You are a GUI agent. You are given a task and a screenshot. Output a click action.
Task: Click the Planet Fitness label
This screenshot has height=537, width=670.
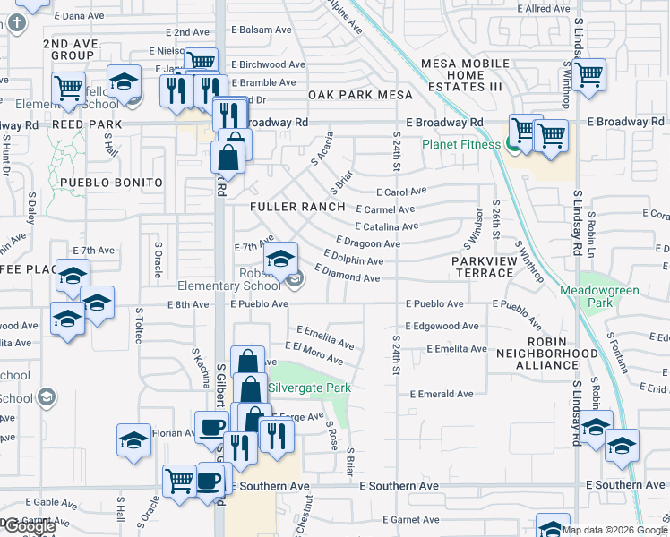pyautogui.click(x=461, y=143)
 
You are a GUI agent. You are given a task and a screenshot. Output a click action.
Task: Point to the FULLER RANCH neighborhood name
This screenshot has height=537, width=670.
pyautogui.click(x=297, y=207)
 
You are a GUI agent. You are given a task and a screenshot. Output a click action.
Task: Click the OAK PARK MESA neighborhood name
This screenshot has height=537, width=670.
pyautogui.click(x=360, y=95)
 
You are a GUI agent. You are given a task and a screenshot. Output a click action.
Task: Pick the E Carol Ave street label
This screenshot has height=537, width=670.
pyautogui.click(x=401, y=192)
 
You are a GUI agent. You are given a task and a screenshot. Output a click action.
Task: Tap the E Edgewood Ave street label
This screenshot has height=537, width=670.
pyautogui.click(x=442, y=327)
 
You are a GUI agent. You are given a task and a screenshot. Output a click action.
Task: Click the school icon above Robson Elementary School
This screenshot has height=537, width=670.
pyautogui.click(x=281, y=259)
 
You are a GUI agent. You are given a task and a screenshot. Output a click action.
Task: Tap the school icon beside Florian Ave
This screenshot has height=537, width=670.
pyautogui.click(x=133, y=439)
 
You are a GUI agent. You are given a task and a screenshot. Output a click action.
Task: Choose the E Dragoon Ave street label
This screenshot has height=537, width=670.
pyautogui.click(x=368, y=243)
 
